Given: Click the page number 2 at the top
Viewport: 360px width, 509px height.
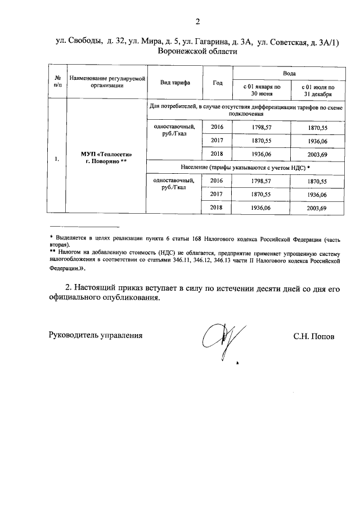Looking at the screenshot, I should tap(197, 22).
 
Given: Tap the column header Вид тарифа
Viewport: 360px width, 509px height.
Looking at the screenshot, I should tap(175, 82).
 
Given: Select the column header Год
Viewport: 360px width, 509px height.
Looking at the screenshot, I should tap(218, 82).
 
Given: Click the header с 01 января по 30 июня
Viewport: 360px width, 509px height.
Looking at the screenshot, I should tap(261, 90).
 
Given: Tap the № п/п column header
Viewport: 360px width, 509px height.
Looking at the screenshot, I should tap(57, 82).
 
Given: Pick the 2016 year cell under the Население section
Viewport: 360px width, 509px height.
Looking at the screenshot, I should tap(217, 181).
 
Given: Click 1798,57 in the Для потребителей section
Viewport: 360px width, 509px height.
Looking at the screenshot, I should tap(261, 128).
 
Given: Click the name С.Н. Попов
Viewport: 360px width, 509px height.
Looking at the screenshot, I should tap(314, 336).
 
